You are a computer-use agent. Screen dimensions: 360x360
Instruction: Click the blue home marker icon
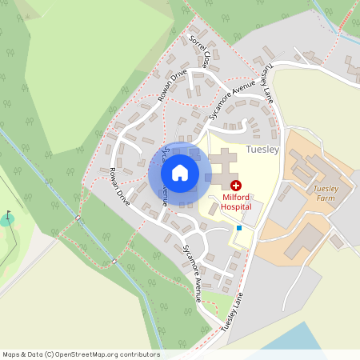(180, 172)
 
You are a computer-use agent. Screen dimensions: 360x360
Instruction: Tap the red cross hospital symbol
(235, 185)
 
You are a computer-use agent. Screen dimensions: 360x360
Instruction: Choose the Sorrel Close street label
(201, 50)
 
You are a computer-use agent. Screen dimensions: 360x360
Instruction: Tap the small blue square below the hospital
(238, 228)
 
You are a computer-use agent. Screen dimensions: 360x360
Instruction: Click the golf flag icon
(9, 215)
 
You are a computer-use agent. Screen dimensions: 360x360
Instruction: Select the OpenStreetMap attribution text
(81, 354)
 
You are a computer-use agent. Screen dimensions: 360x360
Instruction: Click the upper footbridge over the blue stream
(78, 218)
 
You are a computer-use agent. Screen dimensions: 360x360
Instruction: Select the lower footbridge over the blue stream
(114, 261)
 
